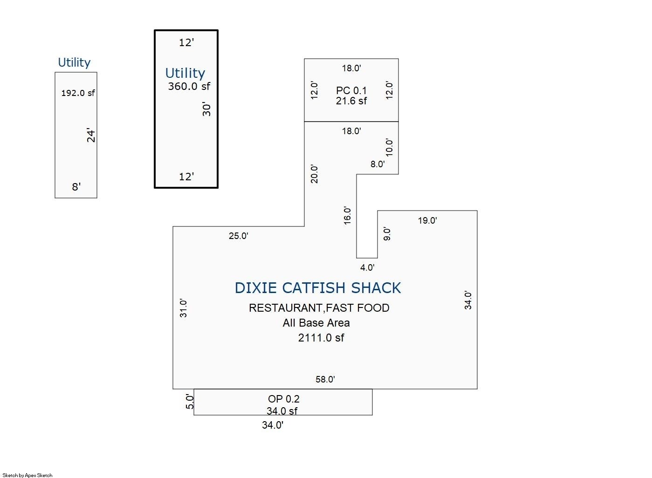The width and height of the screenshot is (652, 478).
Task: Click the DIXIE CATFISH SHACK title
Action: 317,288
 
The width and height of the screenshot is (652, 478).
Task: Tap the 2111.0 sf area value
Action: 321,338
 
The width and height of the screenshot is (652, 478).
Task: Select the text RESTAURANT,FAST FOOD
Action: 319,308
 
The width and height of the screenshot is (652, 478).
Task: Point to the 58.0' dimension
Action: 325,379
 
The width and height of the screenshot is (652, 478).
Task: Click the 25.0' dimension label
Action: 239,236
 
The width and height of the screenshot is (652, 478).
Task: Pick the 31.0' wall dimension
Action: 183,308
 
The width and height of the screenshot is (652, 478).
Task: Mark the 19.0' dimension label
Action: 427,220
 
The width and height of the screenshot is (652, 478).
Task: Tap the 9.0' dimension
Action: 386,234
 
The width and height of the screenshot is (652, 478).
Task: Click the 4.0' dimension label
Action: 367,268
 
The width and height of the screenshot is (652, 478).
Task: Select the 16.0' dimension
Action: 347,216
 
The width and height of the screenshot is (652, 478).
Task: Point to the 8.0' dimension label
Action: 377,164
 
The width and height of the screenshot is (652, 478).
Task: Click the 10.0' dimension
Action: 389,147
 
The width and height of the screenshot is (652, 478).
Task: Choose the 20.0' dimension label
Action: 315,174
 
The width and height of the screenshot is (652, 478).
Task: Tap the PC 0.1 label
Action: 351,90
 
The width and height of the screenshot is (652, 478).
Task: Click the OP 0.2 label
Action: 283,399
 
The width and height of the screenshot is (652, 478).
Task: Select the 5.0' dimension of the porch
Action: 190,402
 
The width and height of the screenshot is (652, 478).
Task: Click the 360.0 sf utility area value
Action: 189,86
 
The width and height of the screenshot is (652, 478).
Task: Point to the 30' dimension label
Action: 206,109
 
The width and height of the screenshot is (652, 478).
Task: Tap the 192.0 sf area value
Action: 78,93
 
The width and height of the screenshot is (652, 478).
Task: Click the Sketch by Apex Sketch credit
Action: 27,475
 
